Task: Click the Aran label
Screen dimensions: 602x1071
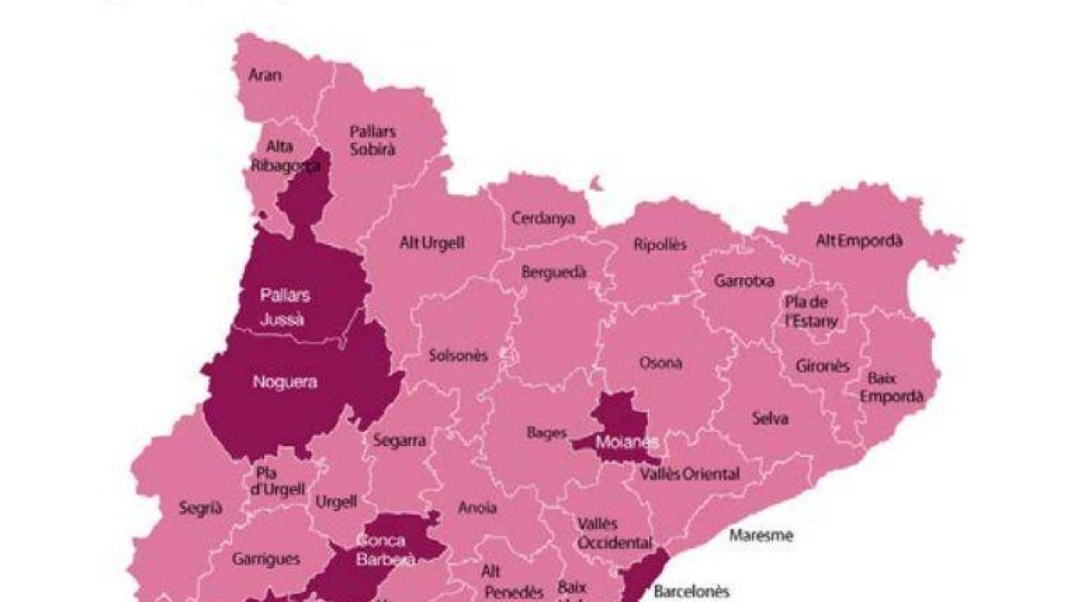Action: click(264, 75)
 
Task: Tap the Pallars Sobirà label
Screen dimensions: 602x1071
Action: click(372, 140)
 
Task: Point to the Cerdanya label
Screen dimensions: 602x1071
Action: click(543, 219)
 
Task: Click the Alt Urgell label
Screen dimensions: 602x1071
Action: click(432, 243)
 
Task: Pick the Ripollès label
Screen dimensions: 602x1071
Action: click(660, 244)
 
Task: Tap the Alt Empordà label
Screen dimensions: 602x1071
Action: click(859, 241)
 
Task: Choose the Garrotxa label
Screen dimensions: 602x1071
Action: click(743, 280)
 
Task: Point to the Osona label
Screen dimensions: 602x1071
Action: click(660, 363)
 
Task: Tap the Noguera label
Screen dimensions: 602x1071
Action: click(286, 383)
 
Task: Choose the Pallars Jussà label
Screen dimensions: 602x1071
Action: click(285, 306)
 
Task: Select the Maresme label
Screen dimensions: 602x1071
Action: click(760, 536)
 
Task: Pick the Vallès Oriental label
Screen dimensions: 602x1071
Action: click(689, 474)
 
